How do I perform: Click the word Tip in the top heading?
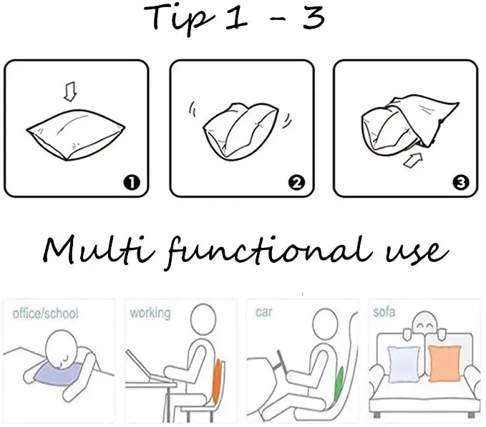(179, 19)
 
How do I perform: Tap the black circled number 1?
(132, 183)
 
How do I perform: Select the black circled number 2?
(296, 183)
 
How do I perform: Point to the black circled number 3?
(460, 183)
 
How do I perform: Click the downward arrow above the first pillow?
(70, 92)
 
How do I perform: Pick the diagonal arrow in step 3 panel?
(414, 160)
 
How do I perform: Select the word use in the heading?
(417, 252)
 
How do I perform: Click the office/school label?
(45, 313)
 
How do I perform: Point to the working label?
(150, 313)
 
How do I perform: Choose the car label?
(264, 312)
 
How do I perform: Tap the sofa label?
(384, 312)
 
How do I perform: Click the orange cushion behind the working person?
(217, 381)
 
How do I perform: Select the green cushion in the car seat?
(339, 385)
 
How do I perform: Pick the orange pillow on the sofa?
(444, 363)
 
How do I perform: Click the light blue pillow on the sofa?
(404, 365)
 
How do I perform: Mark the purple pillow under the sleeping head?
(57, 374)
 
